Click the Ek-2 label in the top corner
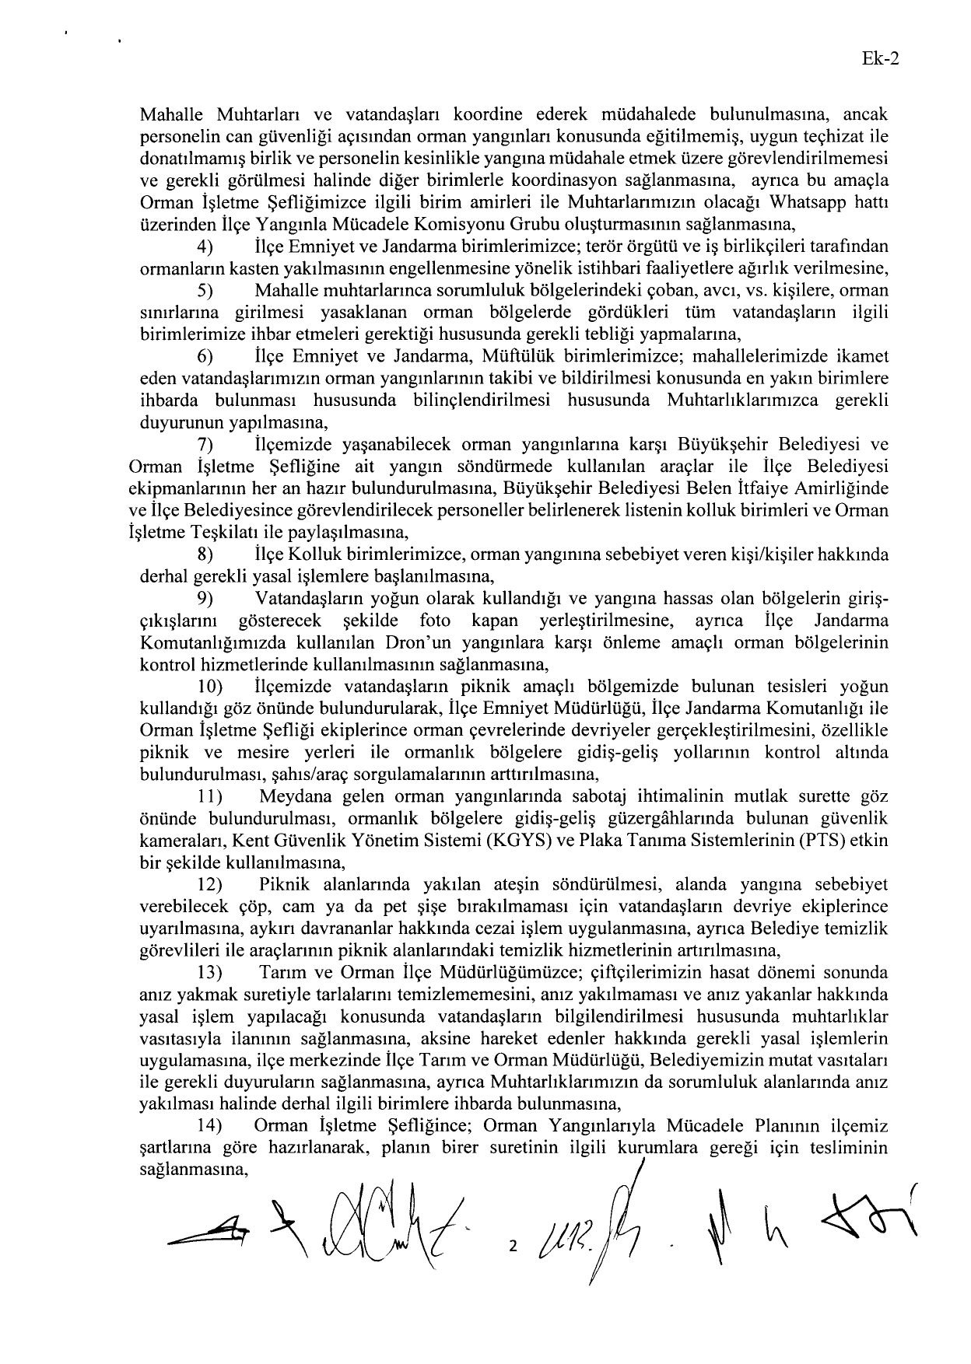(x=880, y=60)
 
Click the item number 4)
(x=205, y=247)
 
